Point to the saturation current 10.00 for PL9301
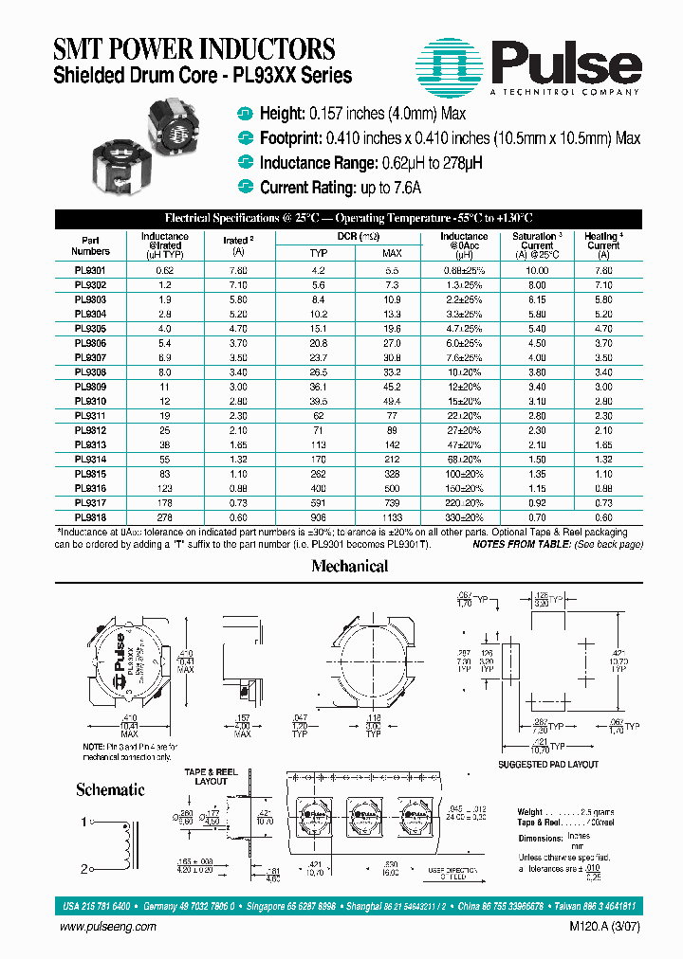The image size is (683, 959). point(537,269)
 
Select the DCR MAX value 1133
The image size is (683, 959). point(392,518)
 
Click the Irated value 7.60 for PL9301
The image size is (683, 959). point(238,269)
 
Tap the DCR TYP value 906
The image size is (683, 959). point(319,518)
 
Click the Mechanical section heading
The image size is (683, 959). point(350,567)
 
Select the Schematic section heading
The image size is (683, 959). point(110,789)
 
